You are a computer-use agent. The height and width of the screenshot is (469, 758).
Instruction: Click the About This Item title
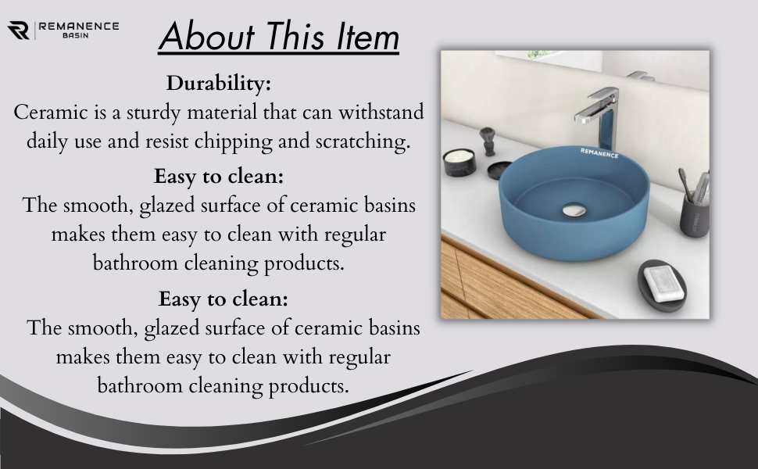[x=279, y=36]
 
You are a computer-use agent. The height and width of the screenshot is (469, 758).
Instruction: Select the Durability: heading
[x=219, y=83]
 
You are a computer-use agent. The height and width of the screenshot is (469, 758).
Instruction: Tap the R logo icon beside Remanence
[x=19, y=30]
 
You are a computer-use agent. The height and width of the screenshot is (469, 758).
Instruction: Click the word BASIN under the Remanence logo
[x=76, y=36]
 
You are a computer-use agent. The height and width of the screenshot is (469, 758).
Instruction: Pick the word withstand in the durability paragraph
[x=381, y=113]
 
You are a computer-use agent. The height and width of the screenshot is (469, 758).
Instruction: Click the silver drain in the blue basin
[x=574, y=210]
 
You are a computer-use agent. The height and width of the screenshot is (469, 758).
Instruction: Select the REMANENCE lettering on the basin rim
[x=599, y=153]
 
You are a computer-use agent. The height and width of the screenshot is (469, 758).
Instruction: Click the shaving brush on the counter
[x=488, y=141]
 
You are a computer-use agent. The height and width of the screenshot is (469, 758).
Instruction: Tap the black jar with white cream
[x=459, y=162]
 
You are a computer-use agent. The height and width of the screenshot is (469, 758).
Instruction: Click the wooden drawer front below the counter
[x=502, y=283]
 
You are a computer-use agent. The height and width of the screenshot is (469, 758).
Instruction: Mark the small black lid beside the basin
[x=499, y=170]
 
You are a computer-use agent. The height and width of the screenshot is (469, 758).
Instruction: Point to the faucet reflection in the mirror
[x=641, y=77]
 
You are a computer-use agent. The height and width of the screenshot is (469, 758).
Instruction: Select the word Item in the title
[x=367, y=36]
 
